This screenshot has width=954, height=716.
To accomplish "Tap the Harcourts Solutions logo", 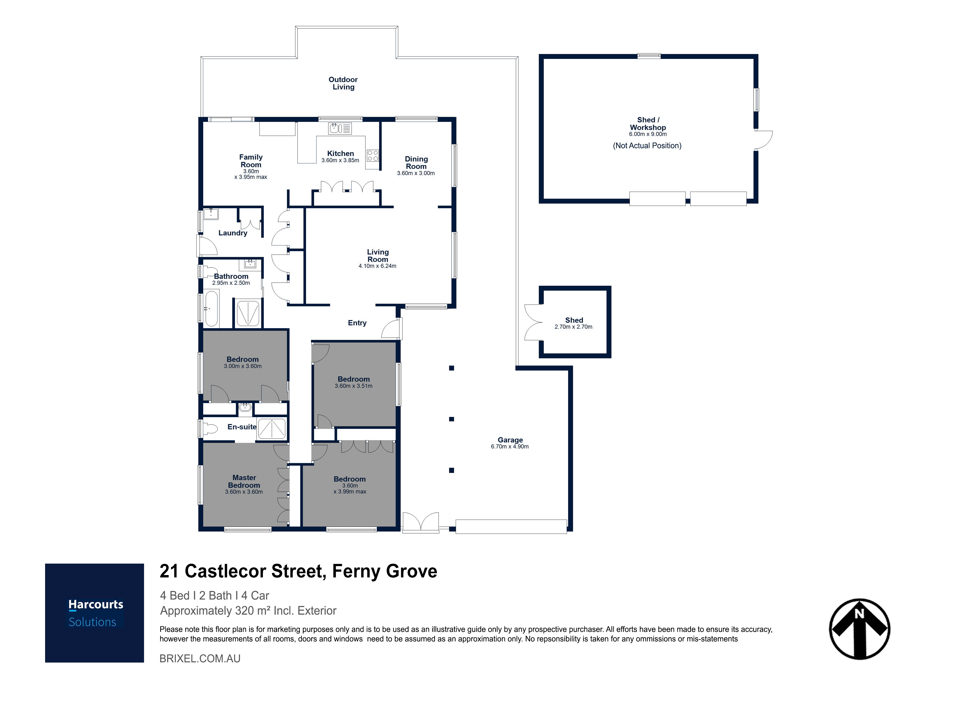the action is [94, 613].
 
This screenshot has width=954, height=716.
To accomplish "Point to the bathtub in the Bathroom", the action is [211, 308].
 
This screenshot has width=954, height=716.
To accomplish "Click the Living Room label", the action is [378, 256].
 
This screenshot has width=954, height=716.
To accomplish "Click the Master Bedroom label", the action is [244, 481].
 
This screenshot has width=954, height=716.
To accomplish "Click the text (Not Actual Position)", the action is [647, 146].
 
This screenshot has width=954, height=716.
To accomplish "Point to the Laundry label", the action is [233, 233].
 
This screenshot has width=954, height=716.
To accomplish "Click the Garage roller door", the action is [511, 527].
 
